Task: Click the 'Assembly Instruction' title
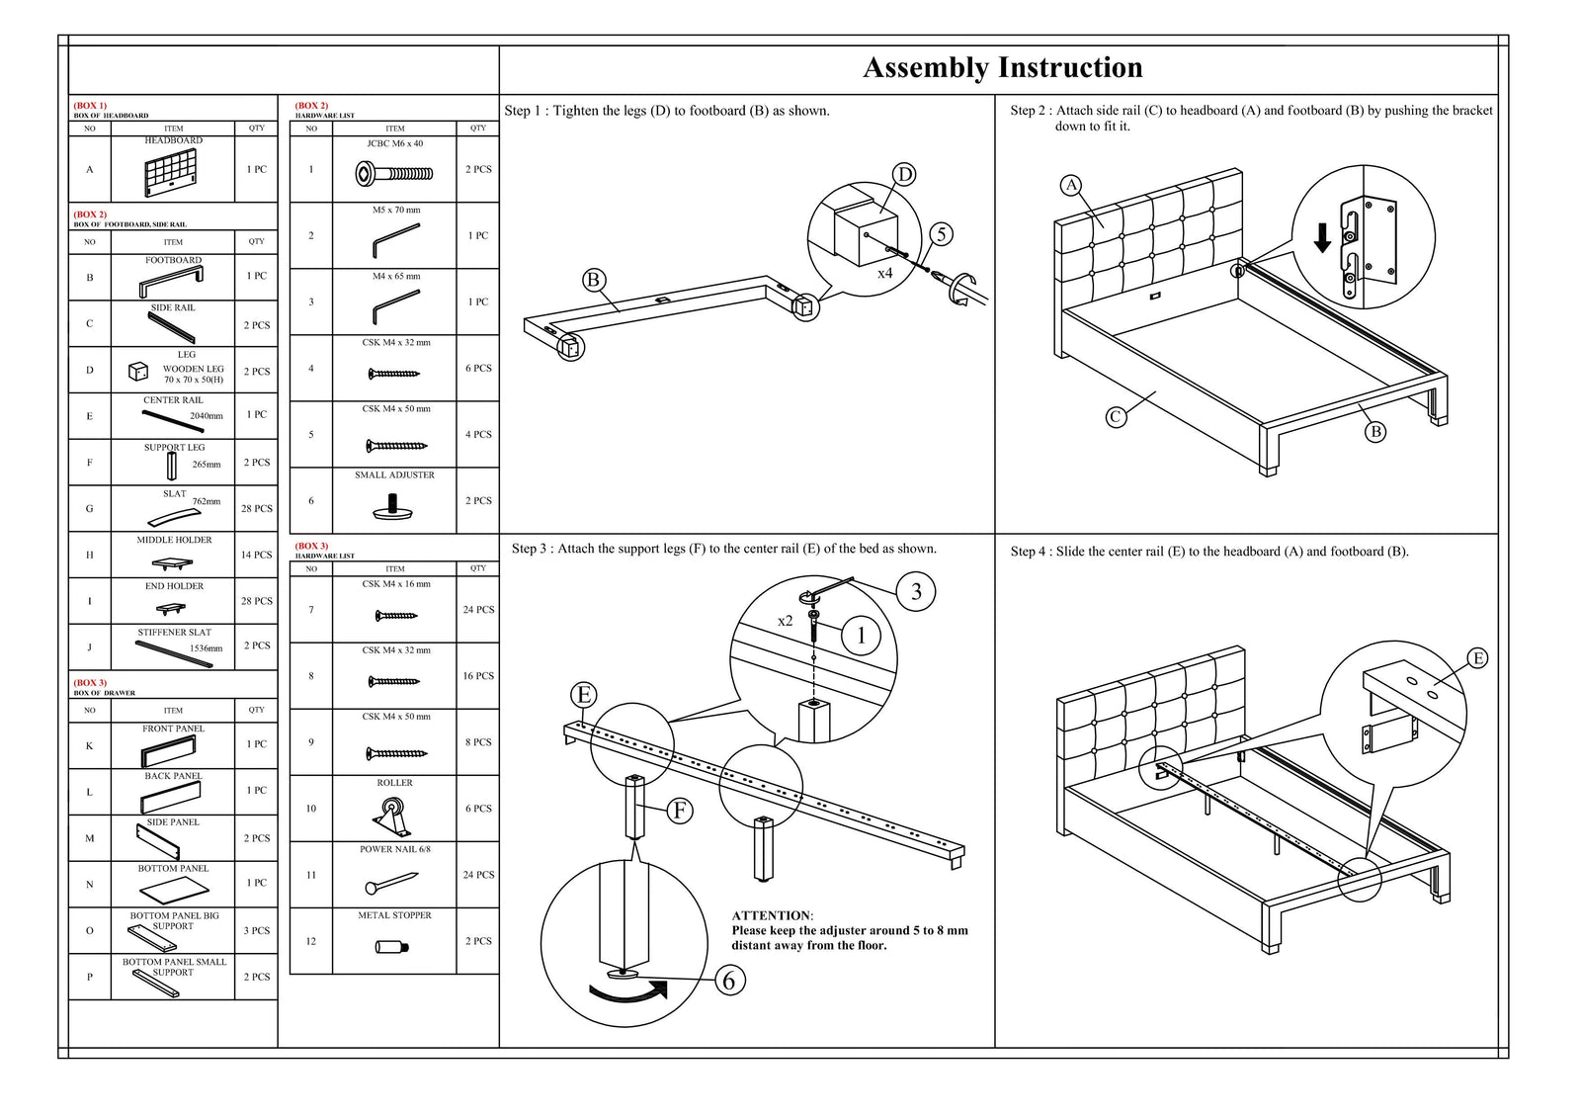pos(1002,67)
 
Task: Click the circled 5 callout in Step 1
pos(941,234)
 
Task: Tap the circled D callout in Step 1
pos(904,175)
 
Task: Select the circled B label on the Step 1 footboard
pos(593,280)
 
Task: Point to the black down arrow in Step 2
pos(1322,238)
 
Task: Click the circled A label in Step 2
pos(1071,185)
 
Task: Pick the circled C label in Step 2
pos(1115,417)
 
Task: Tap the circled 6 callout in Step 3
pos(729,981)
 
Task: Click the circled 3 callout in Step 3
pos(916,591)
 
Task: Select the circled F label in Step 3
pos(680,811)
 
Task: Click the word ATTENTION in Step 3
pos(772,915)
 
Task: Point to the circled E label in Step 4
pos(1477,658)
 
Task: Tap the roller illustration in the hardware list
pos(392,817)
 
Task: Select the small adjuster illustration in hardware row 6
pos(393,507)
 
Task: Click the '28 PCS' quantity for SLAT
pos(257,509)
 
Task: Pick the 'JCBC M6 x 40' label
pos(394,143)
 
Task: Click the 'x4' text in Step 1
pos(884,273)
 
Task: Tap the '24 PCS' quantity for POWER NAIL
pos(478,875)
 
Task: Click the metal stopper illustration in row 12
pos(392,946)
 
